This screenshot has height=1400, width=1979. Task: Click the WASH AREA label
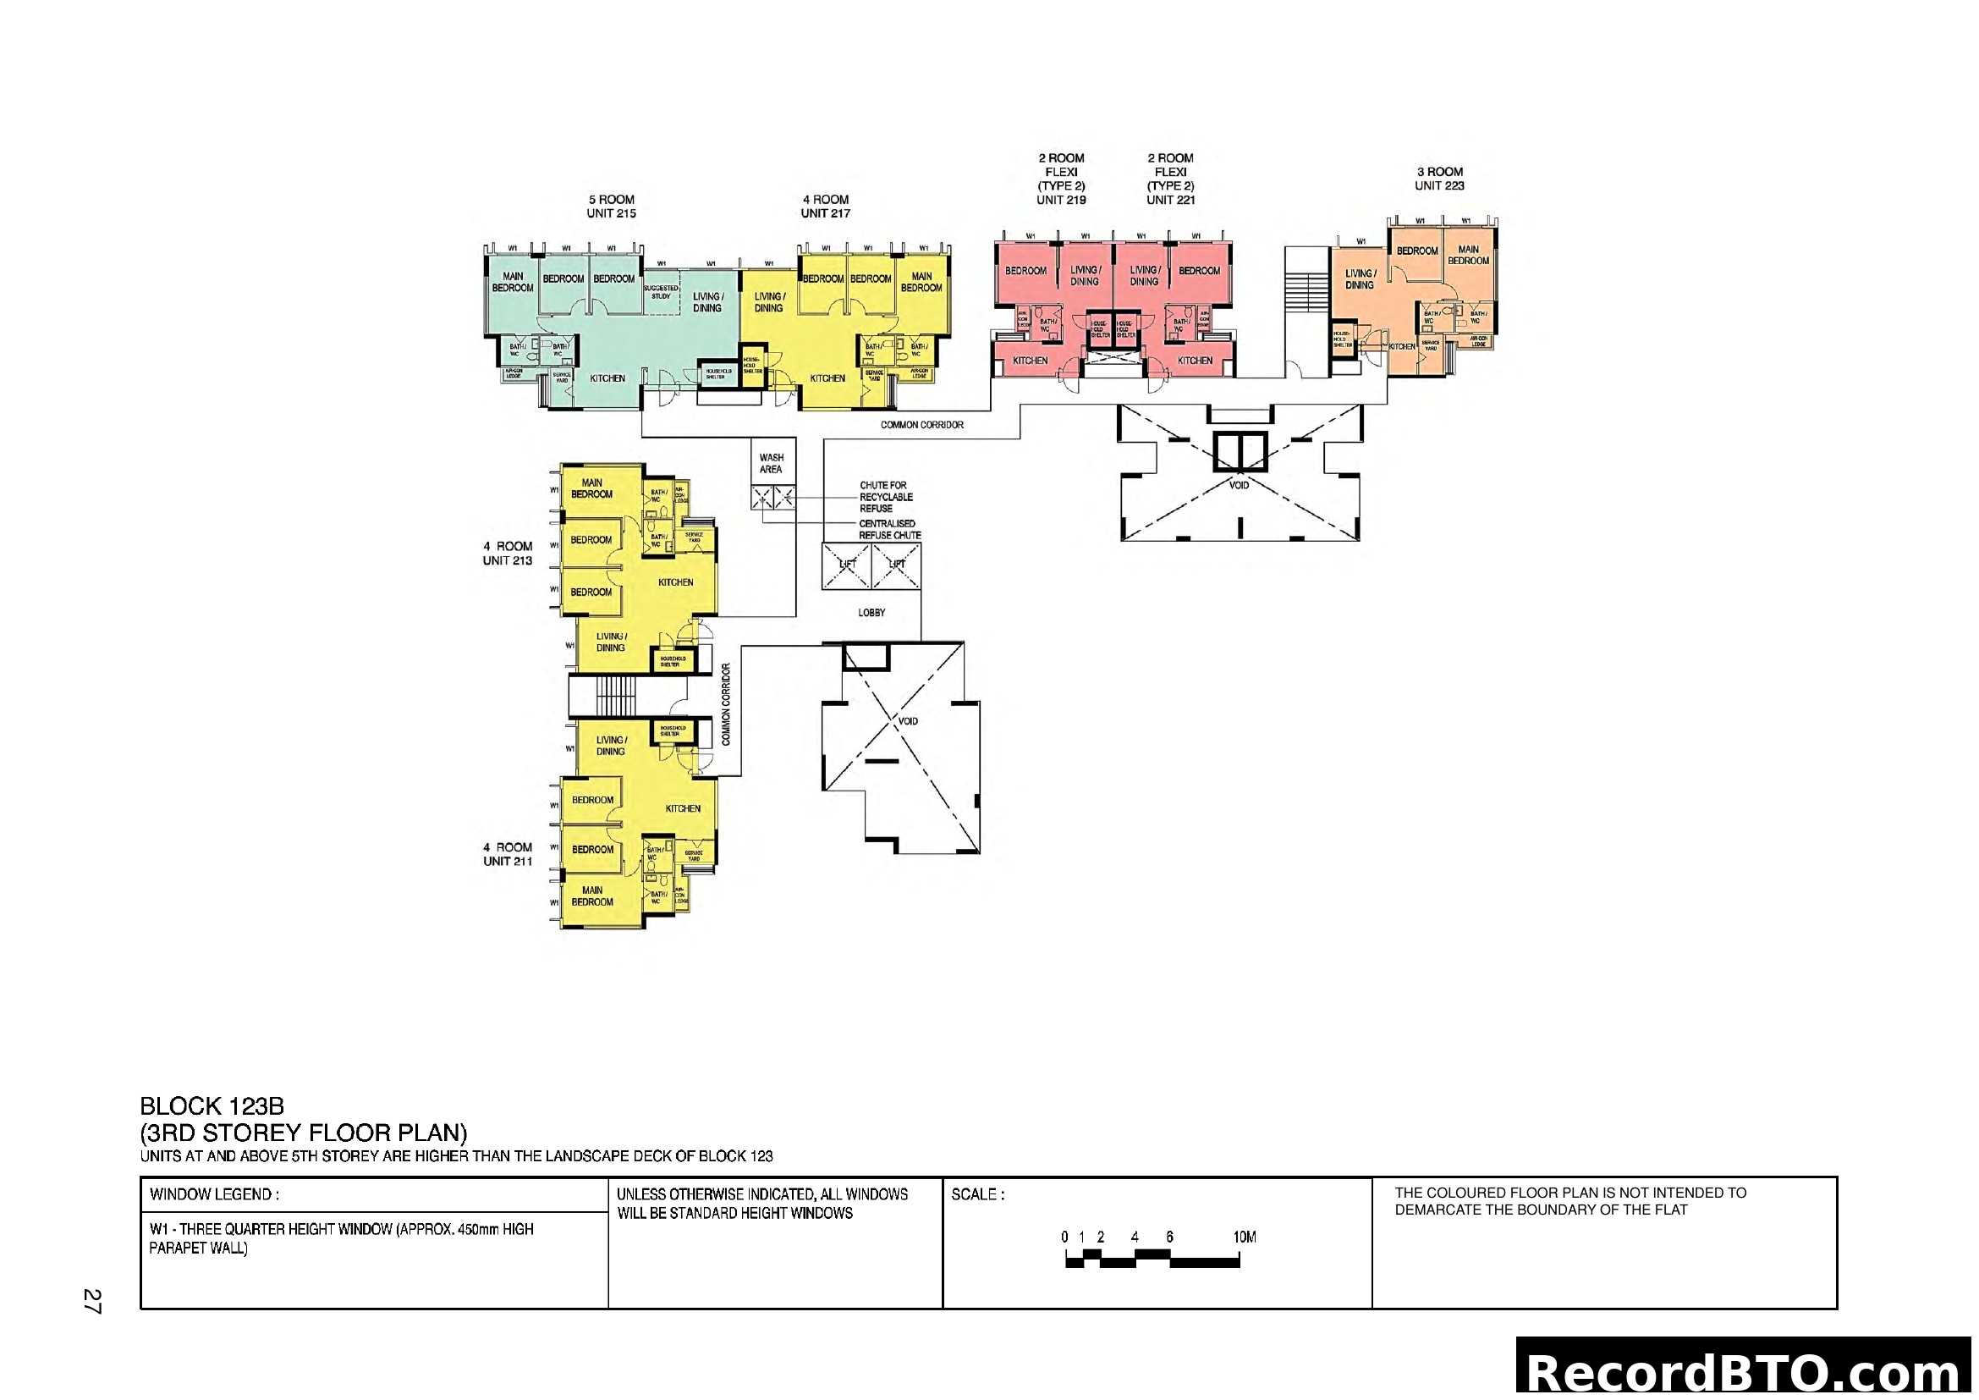[771, 464]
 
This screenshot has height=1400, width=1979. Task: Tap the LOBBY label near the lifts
[871, 613]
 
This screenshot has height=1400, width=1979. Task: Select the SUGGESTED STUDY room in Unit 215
[660, 292]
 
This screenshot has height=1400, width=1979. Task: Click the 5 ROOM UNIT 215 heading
[611, 206]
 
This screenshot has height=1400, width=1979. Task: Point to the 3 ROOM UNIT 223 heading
[1438, 179]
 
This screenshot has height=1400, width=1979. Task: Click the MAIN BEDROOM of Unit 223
[1468, 255]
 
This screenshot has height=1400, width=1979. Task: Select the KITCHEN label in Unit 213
[675, 582]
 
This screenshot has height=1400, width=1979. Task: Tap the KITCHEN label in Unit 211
[683, 808]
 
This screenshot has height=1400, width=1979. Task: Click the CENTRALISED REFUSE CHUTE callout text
[888, 529]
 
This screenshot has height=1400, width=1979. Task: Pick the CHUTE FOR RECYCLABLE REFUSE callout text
[885, 498]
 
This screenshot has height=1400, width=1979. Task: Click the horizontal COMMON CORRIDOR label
[921, 425]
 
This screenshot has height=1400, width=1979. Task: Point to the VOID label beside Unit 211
[908, 721]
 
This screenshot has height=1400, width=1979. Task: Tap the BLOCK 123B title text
[212, 1106]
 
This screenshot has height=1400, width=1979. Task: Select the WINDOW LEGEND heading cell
[215, 1195]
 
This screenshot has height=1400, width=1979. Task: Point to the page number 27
[92, 1301]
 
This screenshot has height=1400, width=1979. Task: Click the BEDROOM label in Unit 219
[1025, 271]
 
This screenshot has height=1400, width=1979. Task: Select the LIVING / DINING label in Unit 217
[768, 301]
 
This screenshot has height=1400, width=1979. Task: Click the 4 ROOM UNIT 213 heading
[507, 554]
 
